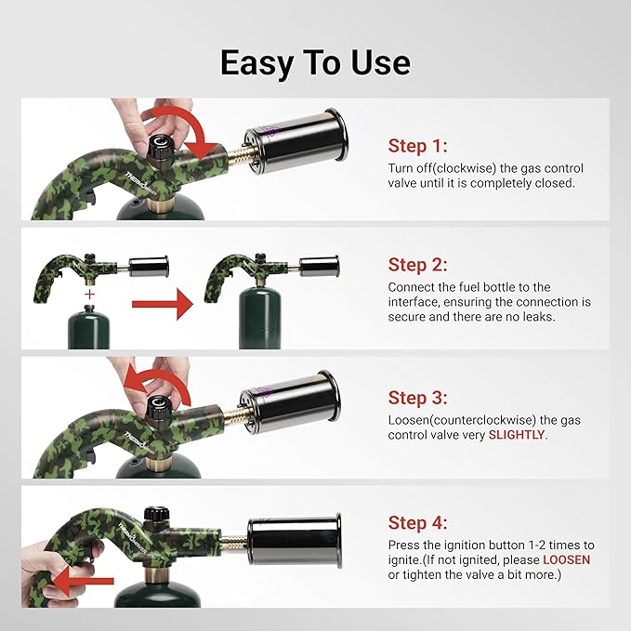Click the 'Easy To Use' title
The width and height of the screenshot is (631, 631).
click(x=315, y=62)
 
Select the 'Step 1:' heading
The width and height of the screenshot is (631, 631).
click(x=417, y=146)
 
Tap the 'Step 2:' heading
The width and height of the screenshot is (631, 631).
click(x=417, y=265)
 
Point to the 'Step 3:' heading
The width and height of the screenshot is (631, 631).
click(x=417, y=398)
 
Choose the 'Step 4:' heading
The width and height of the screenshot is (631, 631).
click(x=417, y=522)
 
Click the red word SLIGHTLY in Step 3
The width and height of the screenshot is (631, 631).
click(x=518, y=435)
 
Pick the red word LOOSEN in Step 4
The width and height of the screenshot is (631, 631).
click(x=567, y=559)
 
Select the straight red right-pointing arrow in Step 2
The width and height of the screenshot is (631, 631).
click(x=162, y=303)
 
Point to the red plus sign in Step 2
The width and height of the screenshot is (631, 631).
click(x=89, y=294)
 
